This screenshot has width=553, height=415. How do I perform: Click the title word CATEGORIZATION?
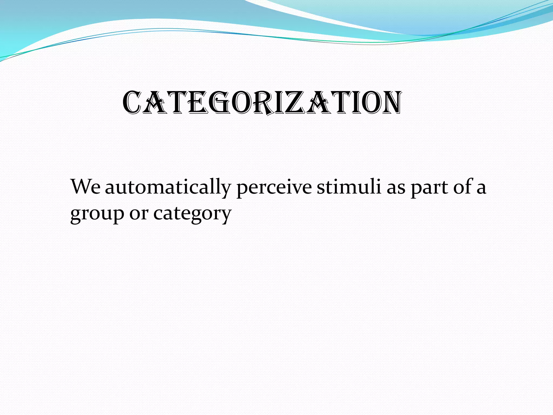(262, 103)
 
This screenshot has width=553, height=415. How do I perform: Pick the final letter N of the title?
(388, 103)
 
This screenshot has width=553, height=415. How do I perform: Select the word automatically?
(168, 188)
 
